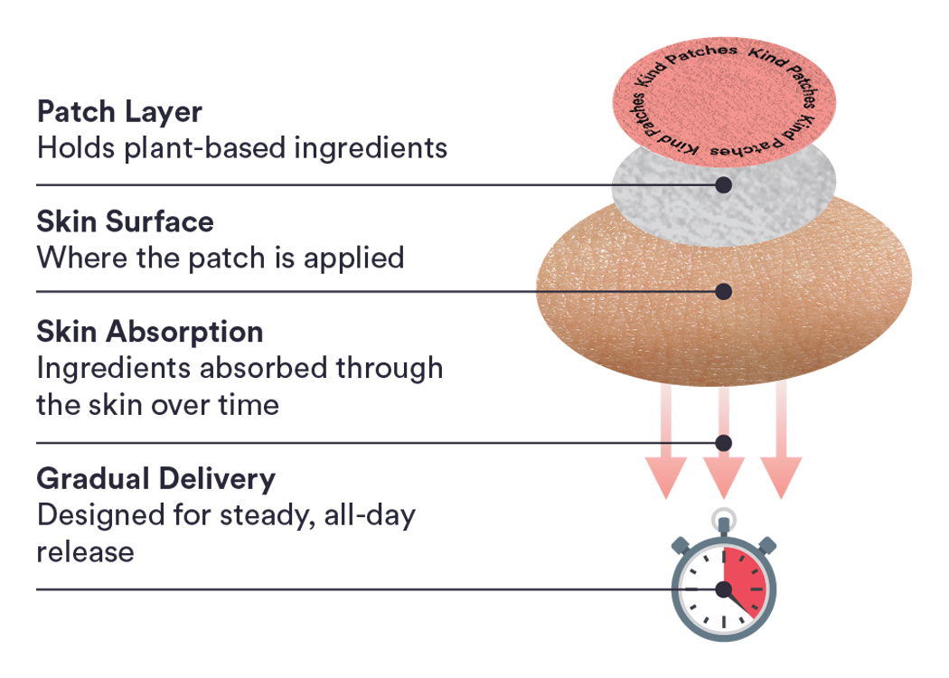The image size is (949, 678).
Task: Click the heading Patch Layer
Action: [x=119, y=112]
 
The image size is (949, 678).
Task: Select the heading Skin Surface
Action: [x=125, y=221]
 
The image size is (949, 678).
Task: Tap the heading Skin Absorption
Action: [x=150, y=332]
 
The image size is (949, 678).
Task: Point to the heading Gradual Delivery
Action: [x=155, y=478]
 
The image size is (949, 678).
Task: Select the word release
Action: [x=85, y=551]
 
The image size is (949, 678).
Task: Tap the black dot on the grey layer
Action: [x=723, y=184]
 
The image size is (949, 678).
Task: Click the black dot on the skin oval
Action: [x=723, y=291]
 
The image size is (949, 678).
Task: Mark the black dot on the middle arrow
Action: [x=723, y=443]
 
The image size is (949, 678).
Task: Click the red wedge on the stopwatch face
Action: [x=743, y=579]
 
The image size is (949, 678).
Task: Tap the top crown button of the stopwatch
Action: [x=722, y=522]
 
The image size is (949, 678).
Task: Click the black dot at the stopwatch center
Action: [x=723, y=589]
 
